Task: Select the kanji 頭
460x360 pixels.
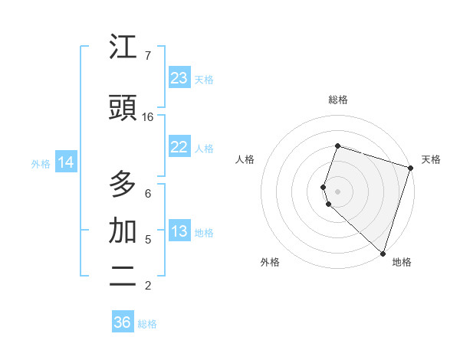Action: [x=123, y=108]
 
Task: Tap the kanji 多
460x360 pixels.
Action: [x=123, y=185]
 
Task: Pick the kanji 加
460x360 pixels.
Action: [x=123, y=231]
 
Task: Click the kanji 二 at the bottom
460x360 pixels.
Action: [x=123, y=277]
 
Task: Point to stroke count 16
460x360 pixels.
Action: [x=148, y=117]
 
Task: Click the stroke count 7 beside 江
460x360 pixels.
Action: [x=148, y=56]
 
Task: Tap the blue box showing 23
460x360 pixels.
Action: [x=179, y=78]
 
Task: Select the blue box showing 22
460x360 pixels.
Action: [x=179, y=147]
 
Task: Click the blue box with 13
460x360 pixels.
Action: [x=179, y=231]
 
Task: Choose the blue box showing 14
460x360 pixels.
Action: [x=66, y=162]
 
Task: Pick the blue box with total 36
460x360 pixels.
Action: [x=123, y=322]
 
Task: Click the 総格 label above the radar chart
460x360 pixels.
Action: [x=338, y=100]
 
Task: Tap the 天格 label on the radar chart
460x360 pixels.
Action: [x=431, y=159]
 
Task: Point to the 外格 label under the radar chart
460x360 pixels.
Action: [x=270, y=262]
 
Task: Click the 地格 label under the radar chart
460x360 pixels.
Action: [x=402, y=262]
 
